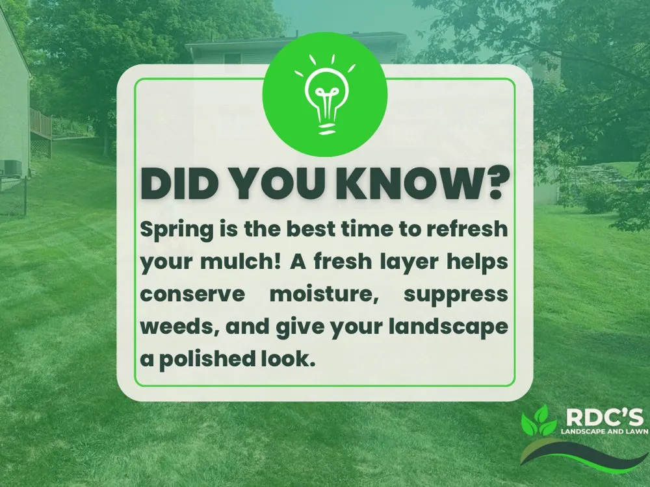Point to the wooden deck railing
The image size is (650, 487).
tap(41, 123)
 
